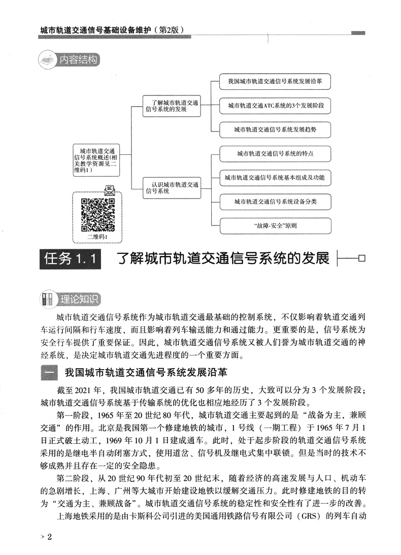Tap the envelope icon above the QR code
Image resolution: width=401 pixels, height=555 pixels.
pos(109,191)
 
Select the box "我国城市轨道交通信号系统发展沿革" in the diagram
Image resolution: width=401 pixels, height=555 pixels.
pos(275,81)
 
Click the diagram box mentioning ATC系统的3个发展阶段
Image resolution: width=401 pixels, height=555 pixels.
pos(275,106)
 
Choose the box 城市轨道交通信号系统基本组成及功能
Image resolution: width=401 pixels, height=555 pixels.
pos(275,177)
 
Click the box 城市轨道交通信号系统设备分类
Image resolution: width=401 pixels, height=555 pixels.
pos(275,202)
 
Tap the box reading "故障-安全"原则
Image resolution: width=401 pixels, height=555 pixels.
pos(275,225)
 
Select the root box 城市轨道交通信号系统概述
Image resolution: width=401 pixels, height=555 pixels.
pos(96,160)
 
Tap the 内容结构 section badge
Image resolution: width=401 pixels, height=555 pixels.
pos(69,60)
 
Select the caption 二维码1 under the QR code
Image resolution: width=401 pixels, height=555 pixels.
pos(98,236)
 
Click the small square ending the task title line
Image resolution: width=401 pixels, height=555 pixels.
pos(361,259)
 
